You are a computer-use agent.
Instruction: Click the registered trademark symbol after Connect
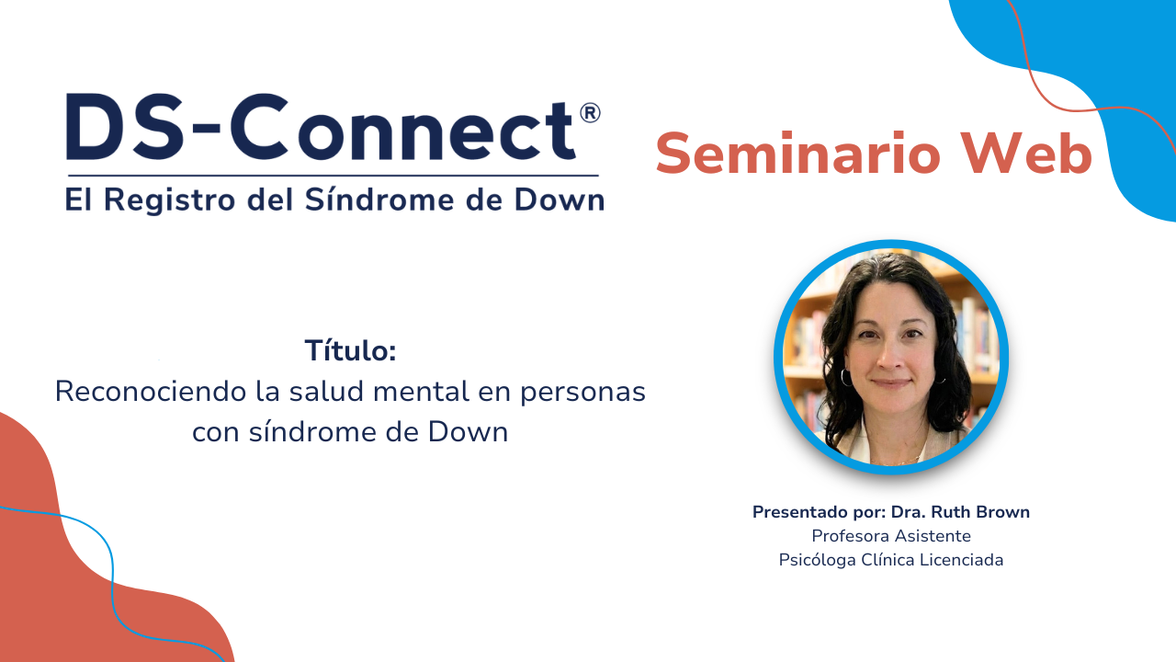[x=590, y=112]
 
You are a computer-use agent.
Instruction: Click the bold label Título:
[x=350, y=350]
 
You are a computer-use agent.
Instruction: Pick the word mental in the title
[x=423, y=391]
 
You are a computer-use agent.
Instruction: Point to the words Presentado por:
[x=820, y=512]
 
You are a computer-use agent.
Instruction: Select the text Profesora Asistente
[x=890, y=536]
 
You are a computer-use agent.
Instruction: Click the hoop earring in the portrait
[x=845, y=377]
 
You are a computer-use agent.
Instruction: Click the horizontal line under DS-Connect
[x=333, y=175]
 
